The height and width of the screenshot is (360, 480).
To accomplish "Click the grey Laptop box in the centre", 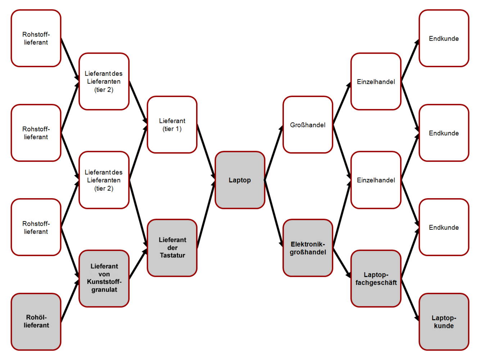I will [x=240, y=180].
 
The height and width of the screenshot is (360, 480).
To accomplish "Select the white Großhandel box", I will [x=308, y=125].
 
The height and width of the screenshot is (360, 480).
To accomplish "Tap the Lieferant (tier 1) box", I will [x=172, y=125].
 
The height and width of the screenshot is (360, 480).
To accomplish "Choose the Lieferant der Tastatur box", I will [x=172, y=248].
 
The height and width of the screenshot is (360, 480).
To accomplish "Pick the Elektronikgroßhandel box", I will [x=308, y=248].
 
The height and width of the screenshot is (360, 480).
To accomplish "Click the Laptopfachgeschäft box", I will [x=376, y=279].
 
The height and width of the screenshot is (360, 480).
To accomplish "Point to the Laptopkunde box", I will [x=444, y=322].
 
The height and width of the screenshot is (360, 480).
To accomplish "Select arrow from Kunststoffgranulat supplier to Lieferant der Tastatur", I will [x=138, y=263].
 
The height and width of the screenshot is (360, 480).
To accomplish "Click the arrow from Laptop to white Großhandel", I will [x=274, y=152].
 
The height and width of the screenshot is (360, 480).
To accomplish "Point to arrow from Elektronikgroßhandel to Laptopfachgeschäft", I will [x=342, y=263].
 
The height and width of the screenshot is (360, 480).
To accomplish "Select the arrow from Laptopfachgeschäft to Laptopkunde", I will [x=410, y=300].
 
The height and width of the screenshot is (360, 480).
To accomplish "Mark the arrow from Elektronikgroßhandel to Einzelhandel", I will [x=342, y=214].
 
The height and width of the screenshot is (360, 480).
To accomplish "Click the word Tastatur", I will [x=172, y=255].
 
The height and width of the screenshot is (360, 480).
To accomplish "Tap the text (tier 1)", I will [x=172, y=129].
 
